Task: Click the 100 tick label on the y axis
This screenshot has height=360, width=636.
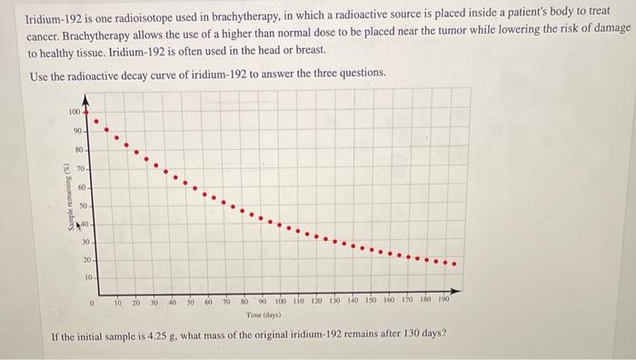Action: coord(74,112)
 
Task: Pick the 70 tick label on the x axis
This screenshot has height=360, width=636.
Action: coord(227,298)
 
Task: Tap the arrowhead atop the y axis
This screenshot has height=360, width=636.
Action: coord(86,97)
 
